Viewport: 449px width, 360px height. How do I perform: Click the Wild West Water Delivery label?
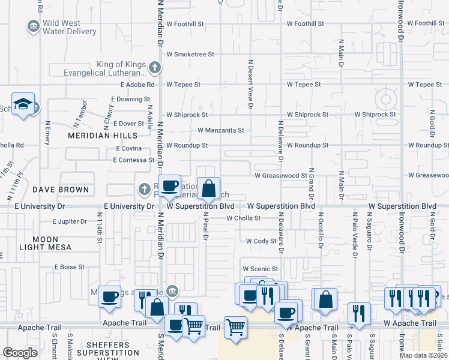(69, 27)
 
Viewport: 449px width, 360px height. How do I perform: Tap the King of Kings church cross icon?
(155, 67)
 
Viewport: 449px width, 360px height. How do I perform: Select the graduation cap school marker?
(23, 104)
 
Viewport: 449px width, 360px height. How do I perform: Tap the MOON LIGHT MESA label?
(45, 243)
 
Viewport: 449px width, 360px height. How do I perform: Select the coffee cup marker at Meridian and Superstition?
(170, 187)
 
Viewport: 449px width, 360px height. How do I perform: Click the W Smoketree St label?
(190, 54)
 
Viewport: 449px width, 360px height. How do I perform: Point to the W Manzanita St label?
(221, 130)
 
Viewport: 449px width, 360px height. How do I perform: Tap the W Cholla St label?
(243, 218)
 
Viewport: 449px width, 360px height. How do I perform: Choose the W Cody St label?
(261, 241)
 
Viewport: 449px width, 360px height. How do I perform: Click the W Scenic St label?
(261, 269)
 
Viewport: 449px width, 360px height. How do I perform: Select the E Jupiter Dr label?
(70, 221)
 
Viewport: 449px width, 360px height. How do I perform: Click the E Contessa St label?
(134, 160)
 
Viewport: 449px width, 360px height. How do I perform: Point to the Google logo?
(20, 352)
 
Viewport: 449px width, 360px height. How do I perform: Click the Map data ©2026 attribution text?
(424, 355)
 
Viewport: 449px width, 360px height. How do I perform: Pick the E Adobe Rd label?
(137, 85)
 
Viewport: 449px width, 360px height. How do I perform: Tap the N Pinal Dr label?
(205, 226)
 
